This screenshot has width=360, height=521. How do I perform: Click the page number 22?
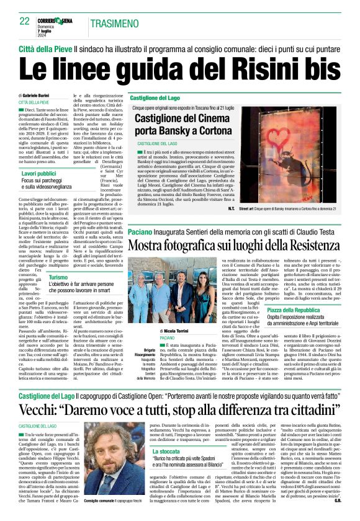(25, 21)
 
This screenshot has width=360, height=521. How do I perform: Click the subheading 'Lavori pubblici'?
(39, 176)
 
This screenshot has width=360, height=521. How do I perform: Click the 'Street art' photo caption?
(289, 209)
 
